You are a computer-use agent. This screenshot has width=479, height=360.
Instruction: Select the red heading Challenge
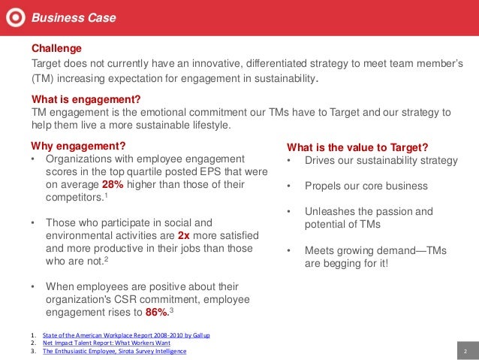click(56, 48)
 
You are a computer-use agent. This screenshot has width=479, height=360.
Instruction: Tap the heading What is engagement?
click(86, 99)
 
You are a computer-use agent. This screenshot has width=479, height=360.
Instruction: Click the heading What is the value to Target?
click(357, 147)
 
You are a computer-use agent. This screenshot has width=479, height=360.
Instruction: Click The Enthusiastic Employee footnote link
click(114, 351)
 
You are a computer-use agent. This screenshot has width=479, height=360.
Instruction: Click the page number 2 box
click(465, 351)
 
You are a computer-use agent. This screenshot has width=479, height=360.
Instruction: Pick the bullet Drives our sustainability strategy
click(381, 160)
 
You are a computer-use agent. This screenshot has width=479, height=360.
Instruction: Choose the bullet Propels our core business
click(366, 186)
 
